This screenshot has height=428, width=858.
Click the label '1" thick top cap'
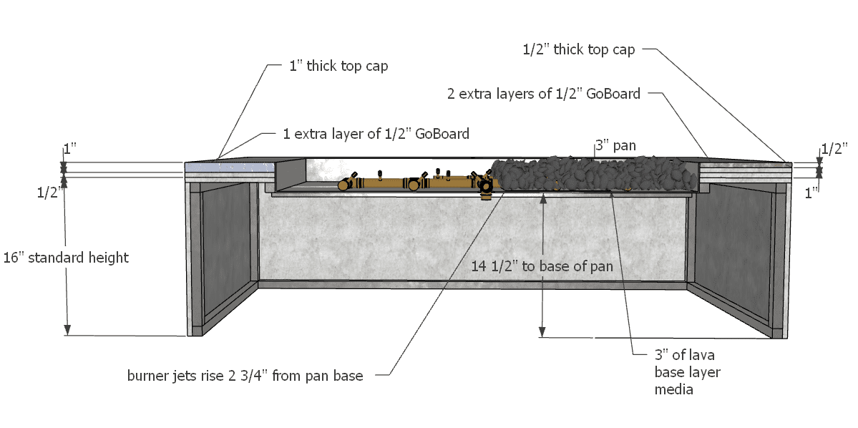[338, 66]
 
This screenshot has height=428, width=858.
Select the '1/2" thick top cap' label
[579, 49]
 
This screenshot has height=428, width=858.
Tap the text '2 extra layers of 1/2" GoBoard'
[544, 93]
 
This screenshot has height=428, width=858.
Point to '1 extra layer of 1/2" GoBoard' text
[376, 134]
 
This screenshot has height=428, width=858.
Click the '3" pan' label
[615, 146]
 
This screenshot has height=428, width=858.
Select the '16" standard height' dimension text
[66, 257]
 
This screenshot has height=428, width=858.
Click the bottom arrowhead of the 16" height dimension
[67, 330]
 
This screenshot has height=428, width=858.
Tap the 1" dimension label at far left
[70, 150]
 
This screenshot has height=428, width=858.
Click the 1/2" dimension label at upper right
[834, 149]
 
